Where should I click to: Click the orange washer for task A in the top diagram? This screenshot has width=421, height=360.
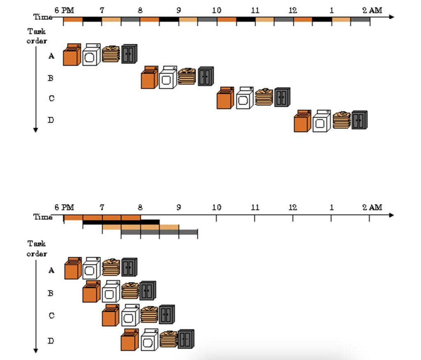tap(72, 55)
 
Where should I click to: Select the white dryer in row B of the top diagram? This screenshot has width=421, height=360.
tap(168, 77)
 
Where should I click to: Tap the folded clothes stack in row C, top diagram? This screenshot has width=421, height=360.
tap(264, 97)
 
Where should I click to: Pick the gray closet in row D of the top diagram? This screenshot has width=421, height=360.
tap(359, 120)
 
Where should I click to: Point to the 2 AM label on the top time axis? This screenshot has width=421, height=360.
tap(372, 11)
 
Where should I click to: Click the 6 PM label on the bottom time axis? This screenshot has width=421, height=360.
tap(64, 207)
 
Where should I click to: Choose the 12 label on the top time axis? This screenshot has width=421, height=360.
tap(293, 11)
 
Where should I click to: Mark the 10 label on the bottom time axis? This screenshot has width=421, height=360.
tap(217, 207)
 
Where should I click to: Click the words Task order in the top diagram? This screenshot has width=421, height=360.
tap(37, 36)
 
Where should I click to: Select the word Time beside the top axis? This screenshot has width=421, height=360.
tap(43, 17)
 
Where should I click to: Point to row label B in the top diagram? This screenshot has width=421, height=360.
tap(51, 78)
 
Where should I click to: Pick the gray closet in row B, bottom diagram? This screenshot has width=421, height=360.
tap(148, 290)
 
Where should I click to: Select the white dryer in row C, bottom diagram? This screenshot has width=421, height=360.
tap(130, 315)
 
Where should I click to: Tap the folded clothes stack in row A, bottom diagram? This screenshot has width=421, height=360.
tap(111, 267)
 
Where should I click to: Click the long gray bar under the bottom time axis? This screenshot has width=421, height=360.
tap(159, 232)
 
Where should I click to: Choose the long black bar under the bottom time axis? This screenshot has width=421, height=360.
tap(121, 222)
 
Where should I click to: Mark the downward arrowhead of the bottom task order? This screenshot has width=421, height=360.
tap(36, 351)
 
